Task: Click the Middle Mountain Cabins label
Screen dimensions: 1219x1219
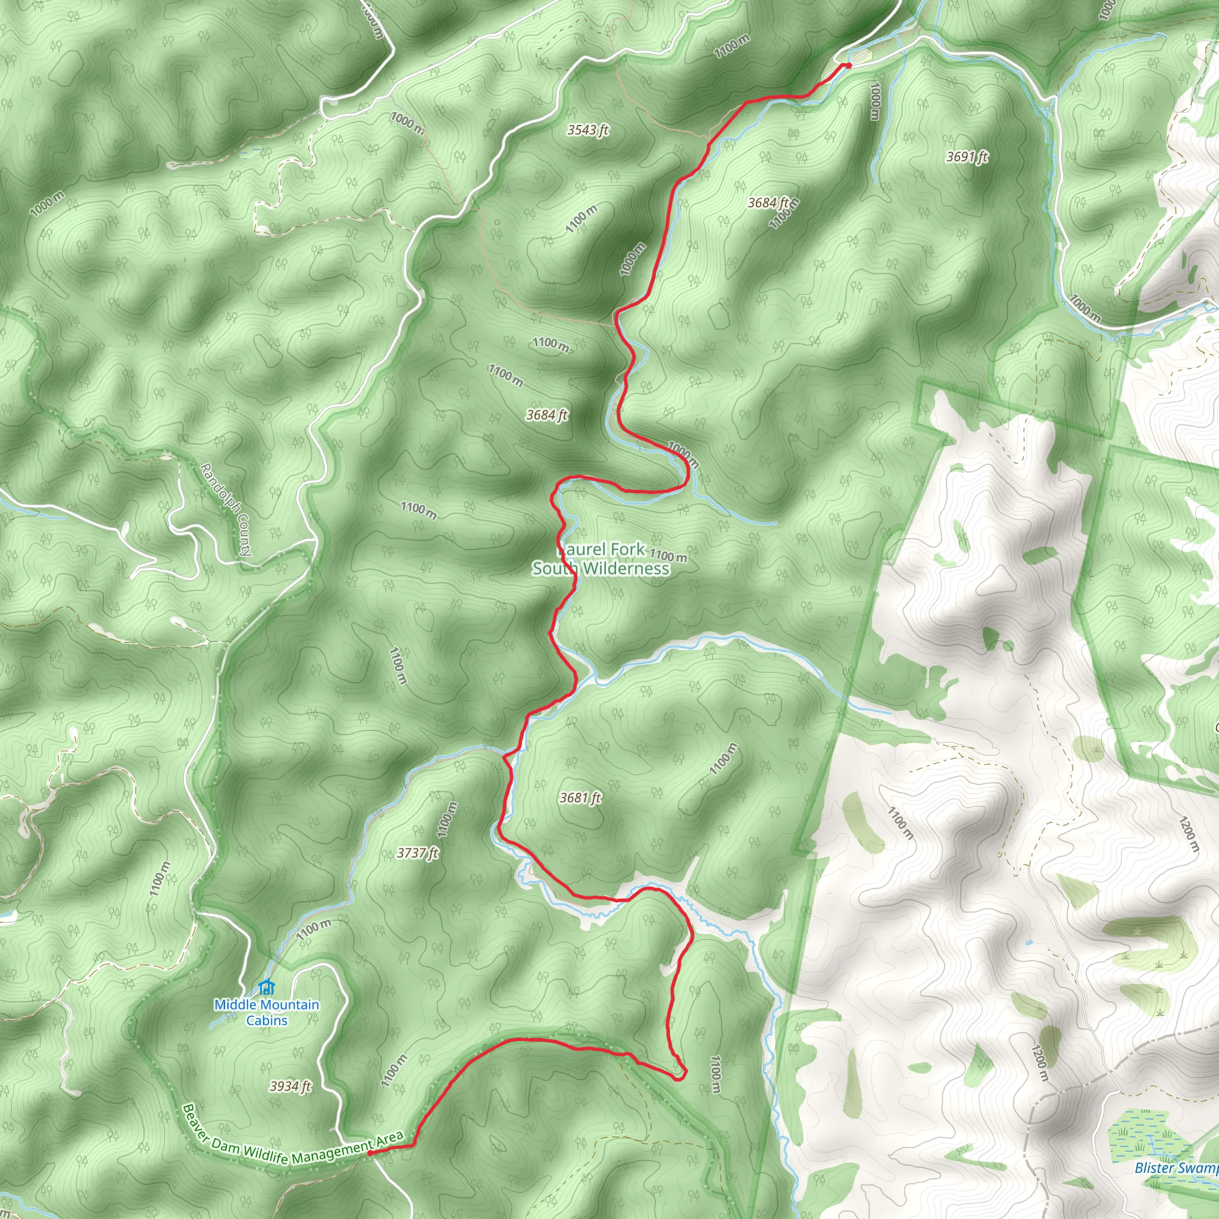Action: (x=266, y=1012)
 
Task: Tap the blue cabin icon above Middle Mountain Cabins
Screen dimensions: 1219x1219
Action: (x=266, y=987)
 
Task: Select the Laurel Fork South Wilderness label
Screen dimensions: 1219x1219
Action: (x=601, y=559)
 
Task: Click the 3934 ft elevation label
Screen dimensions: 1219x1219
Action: (x=290, y=1086)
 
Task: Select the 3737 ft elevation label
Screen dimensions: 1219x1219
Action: (x=417, y=853)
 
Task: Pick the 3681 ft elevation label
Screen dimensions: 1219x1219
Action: (x=580, y=798)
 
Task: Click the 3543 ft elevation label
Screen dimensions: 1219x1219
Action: (x=587, y=130)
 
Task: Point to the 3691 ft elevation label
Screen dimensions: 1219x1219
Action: (x=967, y=157)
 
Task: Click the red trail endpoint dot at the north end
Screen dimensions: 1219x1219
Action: (x=849, y=65)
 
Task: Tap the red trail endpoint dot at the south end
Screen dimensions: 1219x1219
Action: (x=370, y=1152)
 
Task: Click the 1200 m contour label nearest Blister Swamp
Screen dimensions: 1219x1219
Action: (x=1039, y=1062)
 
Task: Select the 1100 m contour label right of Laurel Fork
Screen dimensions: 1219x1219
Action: (x=668, y=556)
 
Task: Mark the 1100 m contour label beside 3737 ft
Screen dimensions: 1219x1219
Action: (x=446, y=820)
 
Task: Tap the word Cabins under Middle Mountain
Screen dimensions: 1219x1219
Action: (x=266, y=1020)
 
